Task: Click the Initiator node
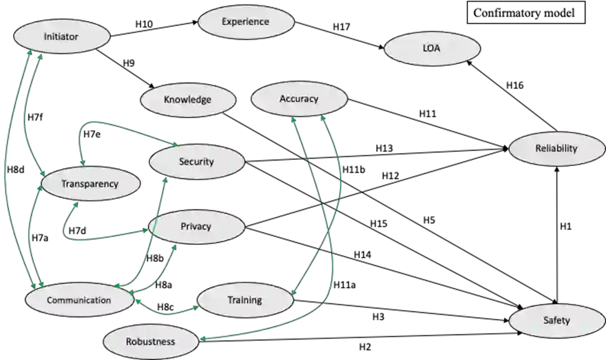[61, 37]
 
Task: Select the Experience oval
[246, 22]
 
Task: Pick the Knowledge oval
[188, 99]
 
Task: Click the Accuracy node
[299, 99]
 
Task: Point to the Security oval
[196, 162]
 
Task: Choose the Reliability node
[556, 148]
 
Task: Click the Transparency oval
[90, 183]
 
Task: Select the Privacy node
[196, 226]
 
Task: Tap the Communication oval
[79, 300]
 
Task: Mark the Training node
[244, 300]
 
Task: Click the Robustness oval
[150, 341]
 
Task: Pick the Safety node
[556, 321]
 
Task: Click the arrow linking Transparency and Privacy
[93, 239]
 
